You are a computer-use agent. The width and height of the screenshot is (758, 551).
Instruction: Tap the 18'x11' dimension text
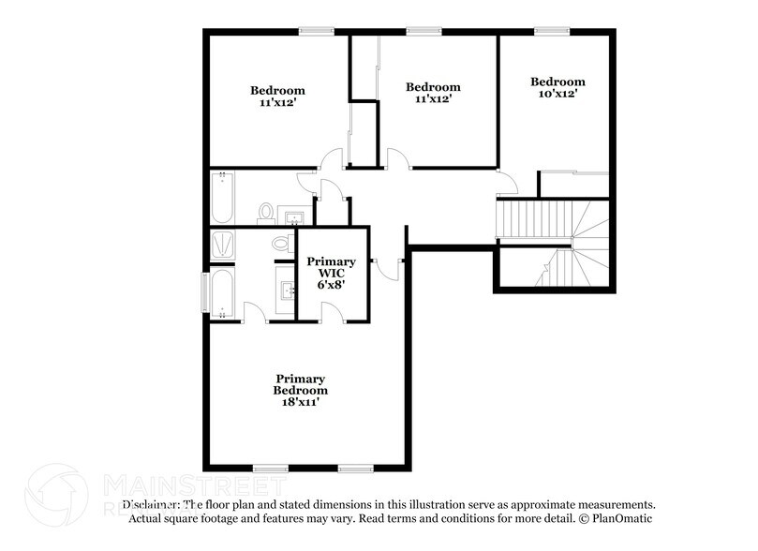coord(300,401)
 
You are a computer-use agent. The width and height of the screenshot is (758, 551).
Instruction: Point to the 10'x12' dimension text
coord(557,94)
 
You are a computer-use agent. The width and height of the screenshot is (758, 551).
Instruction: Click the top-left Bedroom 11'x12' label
coord(277,97)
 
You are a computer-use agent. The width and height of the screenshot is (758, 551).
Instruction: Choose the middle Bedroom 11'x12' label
coord(433,92)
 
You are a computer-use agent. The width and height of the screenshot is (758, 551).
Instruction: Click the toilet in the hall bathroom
coord(265,213)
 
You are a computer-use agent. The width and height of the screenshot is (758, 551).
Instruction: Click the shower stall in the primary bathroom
coord(223,244)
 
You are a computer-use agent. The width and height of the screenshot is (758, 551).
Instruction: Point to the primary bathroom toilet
coord(279,243)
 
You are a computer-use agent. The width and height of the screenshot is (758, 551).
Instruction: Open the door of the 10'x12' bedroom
coord(506,180)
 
